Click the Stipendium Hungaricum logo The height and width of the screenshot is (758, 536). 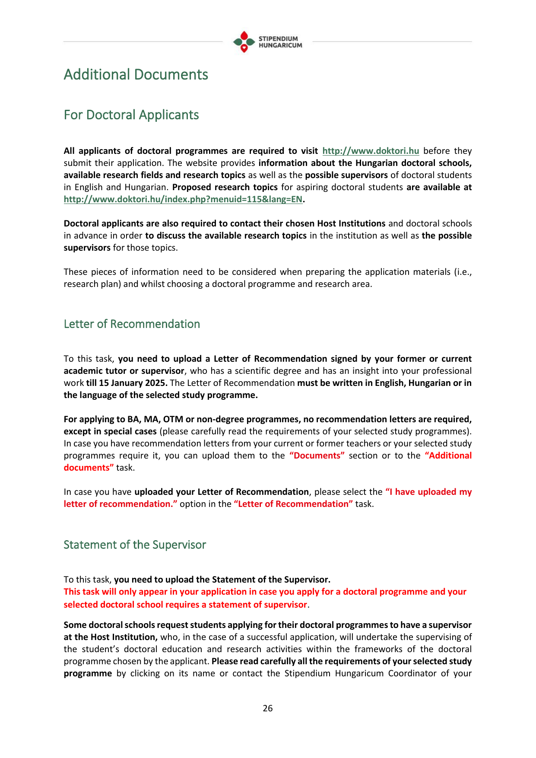point(267,42)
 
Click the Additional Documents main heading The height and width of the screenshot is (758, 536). point(136,75)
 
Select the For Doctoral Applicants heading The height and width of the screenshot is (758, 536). point(131,115)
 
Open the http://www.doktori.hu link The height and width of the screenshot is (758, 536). point(371,151)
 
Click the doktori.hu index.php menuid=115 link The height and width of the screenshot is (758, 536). point(183,199)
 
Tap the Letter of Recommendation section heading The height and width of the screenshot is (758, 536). point(132,324)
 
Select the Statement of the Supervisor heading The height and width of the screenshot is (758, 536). point(135,545)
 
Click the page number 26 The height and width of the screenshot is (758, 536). point(268,708)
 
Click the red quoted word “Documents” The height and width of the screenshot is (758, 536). point(317,455)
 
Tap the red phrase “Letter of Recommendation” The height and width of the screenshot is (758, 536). point(293,504)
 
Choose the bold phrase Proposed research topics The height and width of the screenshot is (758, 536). point(225,187)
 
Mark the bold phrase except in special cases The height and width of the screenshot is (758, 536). point(110,431)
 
